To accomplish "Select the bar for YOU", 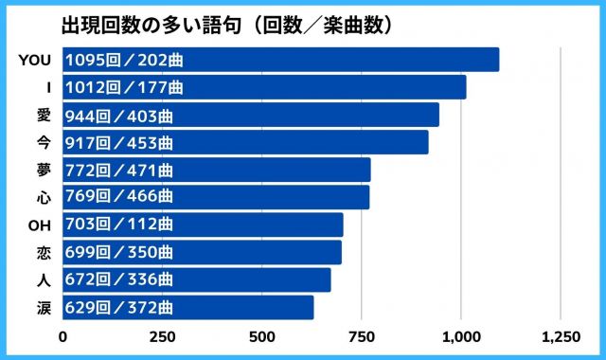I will click(280, 60).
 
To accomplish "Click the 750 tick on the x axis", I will click(361, 336).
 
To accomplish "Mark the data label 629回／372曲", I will click(118, 308).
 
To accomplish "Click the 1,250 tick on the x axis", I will click(560, 336).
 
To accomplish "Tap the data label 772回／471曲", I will click(118, 171).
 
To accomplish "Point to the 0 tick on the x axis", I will click(63, 336).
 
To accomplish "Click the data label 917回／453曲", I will click(118, 143).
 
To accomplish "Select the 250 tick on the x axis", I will click(162, 336).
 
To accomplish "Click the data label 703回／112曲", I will click(118, 225).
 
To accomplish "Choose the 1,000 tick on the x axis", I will click(460, 336).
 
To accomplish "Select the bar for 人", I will click(197, 280).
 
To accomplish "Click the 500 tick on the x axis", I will click(261, 336).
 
